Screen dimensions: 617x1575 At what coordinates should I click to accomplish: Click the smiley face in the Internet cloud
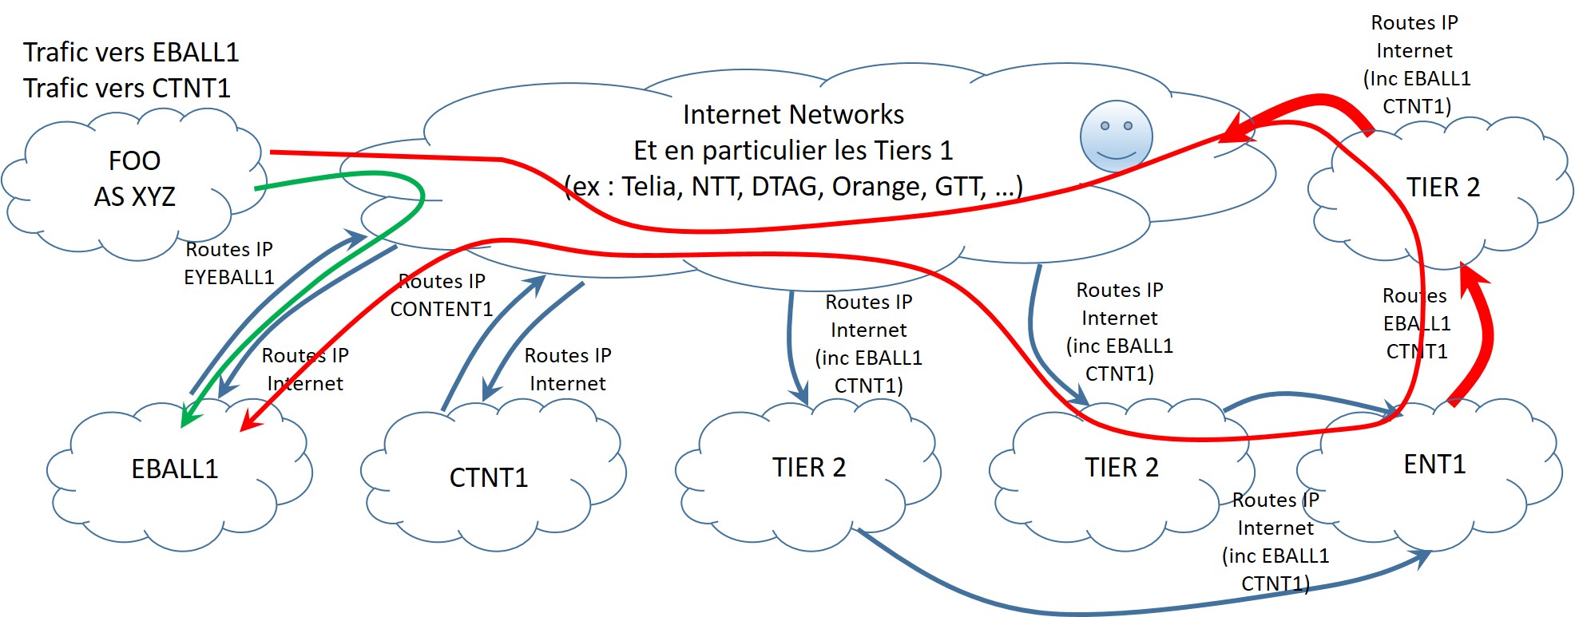1116,136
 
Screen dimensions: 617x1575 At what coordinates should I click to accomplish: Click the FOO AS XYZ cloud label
134,179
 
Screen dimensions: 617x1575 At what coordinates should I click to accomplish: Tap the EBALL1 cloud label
174,469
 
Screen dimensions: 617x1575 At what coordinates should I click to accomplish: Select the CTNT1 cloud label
488,477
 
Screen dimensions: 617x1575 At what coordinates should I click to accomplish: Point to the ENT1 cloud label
1434,464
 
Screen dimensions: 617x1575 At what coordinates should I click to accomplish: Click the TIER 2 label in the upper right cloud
1442,188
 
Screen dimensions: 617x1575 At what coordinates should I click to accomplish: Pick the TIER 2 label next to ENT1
1121,467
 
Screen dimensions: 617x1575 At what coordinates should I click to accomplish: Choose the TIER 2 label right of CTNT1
808,467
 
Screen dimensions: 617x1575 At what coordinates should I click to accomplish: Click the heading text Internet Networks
792,115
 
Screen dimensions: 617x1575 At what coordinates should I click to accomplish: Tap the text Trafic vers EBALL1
131,53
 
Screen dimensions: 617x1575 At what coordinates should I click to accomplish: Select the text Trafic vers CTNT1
126,88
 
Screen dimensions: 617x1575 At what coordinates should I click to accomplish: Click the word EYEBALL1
228,277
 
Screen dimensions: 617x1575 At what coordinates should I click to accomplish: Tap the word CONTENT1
441,309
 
